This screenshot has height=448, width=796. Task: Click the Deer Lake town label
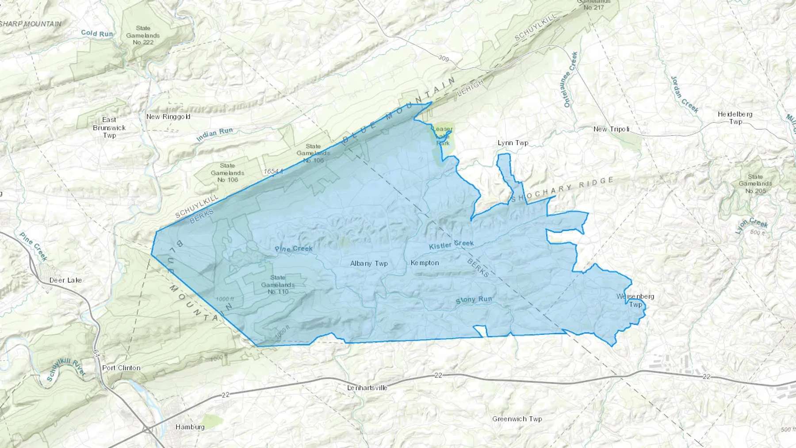click(65, 280)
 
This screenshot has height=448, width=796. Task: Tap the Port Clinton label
click(121, 368)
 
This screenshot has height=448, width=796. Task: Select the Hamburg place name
click(190, 427)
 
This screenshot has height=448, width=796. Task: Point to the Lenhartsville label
click(367, 387)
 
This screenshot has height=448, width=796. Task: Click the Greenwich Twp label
click(517, 418)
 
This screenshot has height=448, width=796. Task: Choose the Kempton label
click(425, 263)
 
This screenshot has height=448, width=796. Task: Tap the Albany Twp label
click(369, 263)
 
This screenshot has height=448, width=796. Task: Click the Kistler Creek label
click(451, 244)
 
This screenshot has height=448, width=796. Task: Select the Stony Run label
click(474, 299)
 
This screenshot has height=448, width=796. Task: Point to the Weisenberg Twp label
click(635, 300)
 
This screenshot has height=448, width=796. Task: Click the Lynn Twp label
click(513, 143)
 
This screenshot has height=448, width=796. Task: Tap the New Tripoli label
click(611, 129)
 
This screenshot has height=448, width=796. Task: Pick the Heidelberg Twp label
click(735, 118)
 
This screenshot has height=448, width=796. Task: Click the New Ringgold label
click(168, 117)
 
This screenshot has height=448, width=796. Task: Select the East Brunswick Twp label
click(109, 127)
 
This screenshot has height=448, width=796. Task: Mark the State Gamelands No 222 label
click(143, 35)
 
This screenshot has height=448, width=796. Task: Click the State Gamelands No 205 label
click(755, 184)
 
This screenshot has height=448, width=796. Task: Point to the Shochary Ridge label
click(562, 189)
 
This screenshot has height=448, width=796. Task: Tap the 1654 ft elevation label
click(273, 171)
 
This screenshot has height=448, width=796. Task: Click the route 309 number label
click(444, 58)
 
